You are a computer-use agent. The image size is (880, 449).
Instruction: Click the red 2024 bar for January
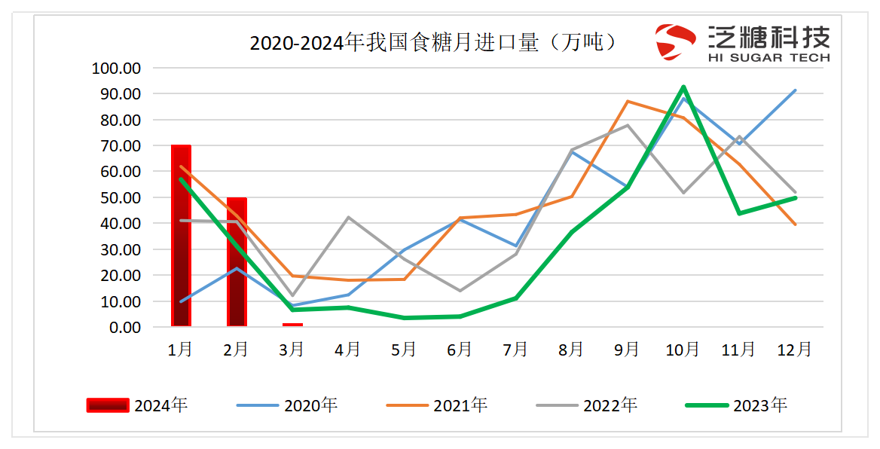(181, 236)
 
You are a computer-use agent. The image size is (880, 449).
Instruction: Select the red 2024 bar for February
(237, 262)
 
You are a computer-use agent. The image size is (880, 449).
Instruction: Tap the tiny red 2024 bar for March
(292, 325)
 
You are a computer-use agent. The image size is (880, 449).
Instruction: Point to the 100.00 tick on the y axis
(116, 69)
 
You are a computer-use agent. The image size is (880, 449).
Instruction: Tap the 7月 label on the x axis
(516, 350)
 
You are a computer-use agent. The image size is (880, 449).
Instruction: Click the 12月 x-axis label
(794, 350)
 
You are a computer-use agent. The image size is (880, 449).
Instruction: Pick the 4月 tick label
(348, 350)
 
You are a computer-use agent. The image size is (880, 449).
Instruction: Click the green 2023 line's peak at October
(683, 87)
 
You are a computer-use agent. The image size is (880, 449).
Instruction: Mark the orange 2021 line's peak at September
(628, 101)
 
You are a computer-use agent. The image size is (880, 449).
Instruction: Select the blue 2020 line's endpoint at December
(795, 90)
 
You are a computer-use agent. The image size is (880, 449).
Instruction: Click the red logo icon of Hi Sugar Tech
(675, 41)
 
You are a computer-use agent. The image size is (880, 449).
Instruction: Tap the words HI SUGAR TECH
(768, 57)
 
